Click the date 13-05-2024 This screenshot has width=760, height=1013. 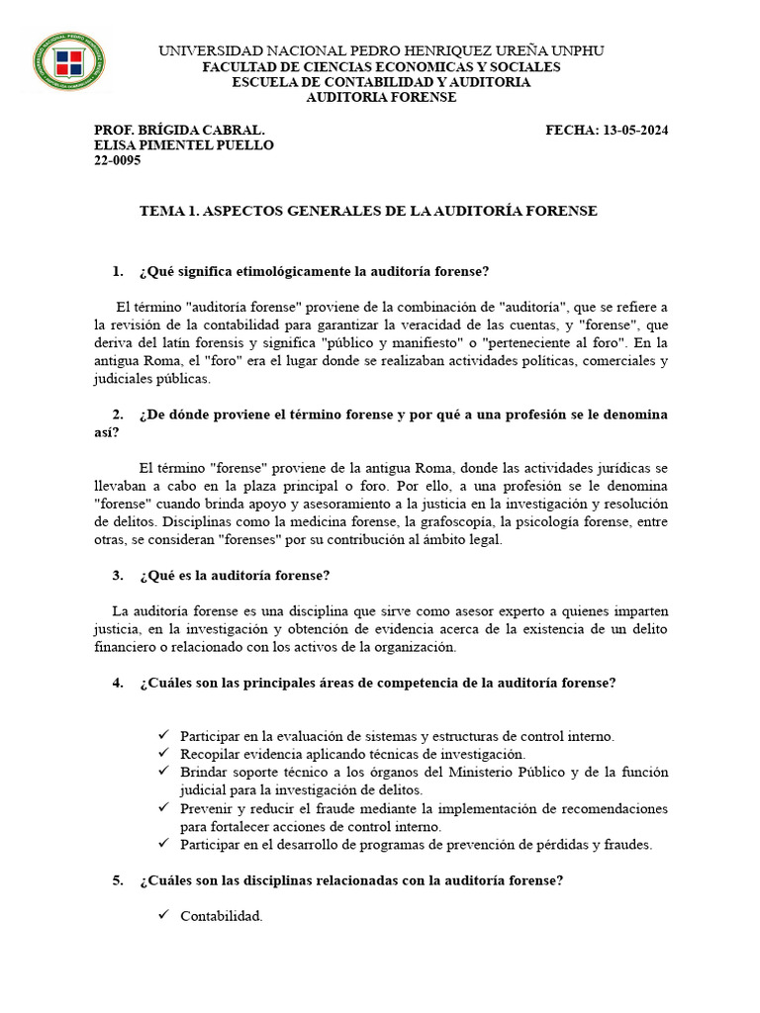coord(633,130)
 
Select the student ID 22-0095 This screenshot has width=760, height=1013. coord(117,161)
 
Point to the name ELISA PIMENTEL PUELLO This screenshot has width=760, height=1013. coord(183,145)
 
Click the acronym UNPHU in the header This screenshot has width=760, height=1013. coord(581,50)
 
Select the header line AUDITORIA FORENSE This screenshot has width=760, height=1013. coord(381,98)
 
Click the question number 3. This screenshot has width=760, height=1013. coord(118,575)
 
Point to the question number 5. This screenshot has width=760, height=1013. coord(118,881)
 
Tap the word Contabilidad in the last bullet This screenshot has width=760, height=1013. coord(222,916)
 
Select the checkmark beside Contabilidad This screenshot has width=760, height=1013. coord(164,915)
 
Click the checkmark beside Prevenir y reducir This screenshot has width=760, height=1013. coord(164,808)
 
